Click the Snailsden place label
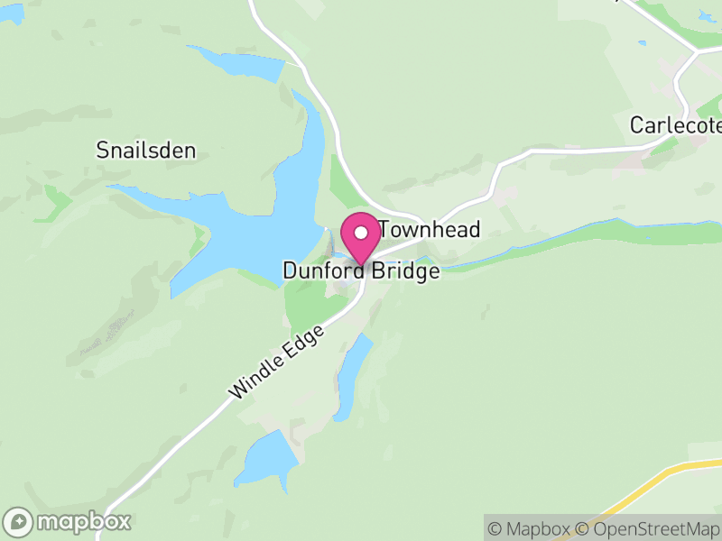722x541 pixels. (x=145, y=151)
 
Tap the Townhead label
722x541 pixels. (x=429, y=230)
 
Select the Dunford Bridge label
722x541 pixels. (x=361, y=270)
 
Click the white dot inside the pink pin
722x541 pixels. (x=361, y=233)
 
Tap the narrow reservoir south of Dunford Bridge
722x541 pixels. (x=352, y=374)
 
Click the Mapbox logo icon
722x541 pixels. (x=19, y=522)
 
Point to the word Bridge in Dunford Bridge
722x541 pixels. (x=403, y=270)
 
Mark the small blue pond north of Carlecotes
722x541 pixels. (x=642, y=42)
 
